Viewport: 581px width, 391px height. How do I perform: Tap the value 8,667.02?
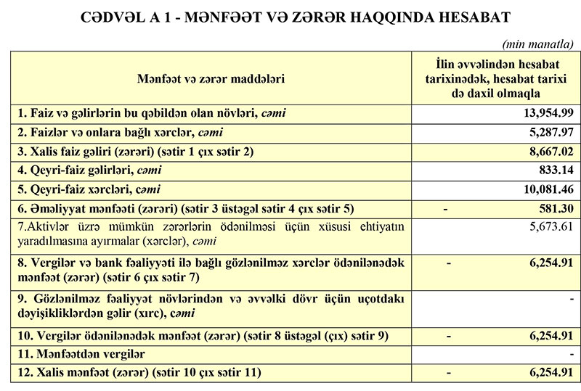pyautogui.click(x=544, y=152)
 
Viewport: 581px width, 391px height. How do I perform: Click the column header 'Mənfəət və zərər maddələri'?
pyautogui.click(x=211, y=78)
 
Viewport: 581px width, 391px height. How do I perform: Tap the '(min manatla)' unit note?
pyautogui.click(x=543, y=44)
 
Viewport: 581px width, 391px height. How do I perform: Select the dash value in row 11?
pyautogui.click(x=572, y=354)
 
